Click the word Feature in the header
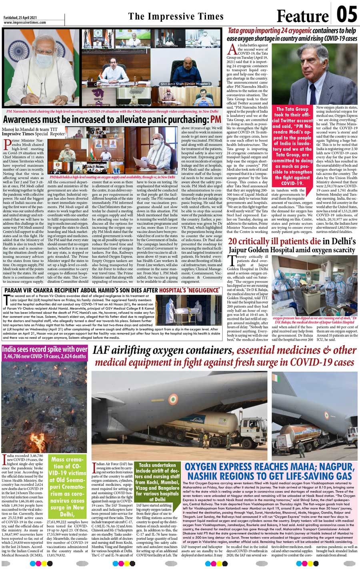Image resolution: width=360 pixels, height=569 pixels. [x=302, y=16]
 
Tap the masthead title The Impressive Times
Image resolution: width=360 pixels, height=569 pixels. [x=176, y=16]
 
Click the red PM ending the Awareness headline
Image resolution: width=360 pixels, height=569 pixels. [x=216, y=119]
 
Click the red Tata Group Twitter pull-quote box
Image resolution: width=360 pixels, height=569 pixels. [x=293, y=146]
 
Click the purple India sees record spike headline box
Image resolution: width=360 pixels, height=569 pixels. [x=44, y=352]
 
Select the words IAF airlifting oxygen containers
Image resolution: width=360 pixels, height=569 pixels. [x=162, y=351]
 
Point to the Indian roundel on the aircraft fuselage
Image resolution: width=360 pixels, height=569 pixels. [x=173, y=399]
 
